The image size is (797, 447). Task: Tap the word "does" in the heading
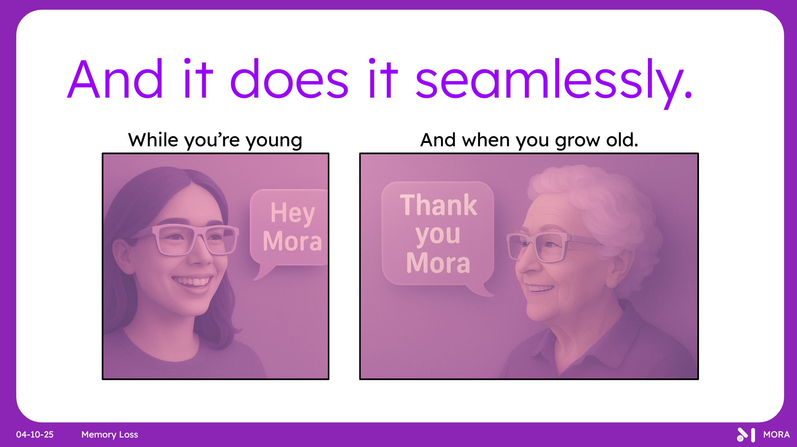289,78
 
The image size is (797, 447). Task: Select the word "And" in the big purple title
115,78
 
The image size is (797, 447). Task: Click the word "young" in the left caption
274,141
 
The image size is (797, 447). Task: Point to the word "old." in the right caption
622,140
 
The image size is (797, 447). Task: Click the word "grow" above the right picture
578,141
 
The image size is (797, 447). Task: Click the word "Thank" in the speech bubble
438,205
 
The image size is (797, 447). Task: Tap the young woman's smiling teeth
191,281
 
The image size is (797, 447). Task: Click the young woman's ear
122,255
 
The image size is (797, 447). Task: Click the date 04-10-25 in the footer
35,434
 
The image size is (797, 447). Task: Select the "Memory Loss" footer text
110,435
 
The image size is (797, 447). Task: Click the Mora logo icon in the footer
746,435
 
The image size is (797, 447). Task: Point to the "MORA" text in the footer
776,434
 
